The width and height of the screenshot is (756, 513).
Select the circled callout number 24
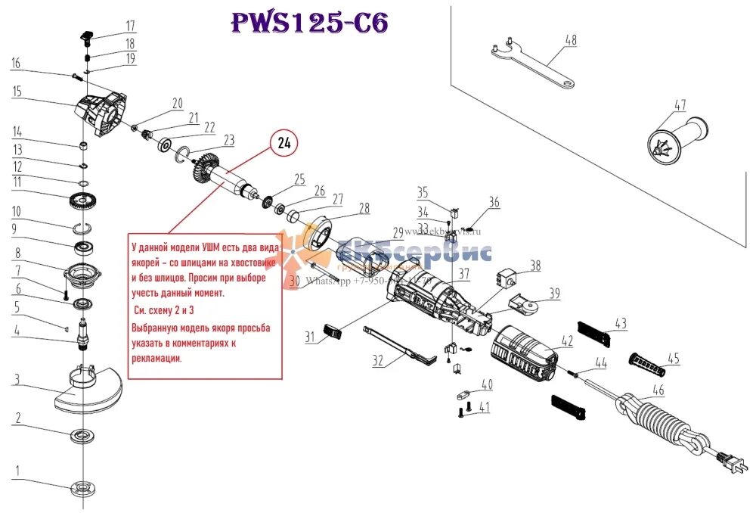tap(283, 142)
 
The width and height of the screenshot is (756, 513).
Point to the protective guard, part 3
tap(87, 389)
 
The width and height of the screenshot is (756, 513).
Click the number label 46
tap(658, 390)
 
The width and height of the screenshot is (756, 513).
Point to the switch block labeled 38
tap(508, 279)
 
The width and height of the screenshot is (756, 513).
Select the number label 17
tap(130, 25)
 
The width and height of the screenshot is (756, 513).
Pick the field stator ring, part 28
tap(321, 234)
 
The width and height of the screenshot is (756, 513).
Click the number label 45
tap(673, 358)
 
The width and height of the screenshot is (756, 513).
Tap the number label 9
tap(14, 229)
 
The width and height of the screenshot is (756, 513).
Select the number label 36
tap(494, 202)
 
